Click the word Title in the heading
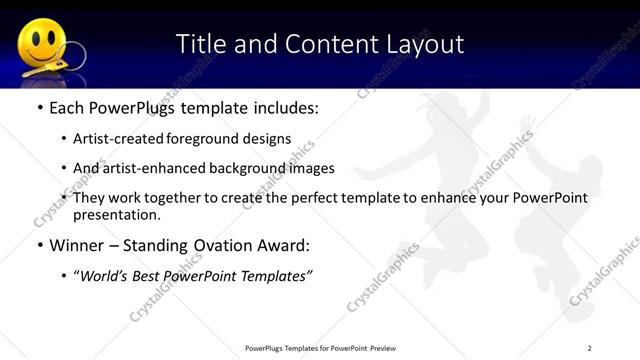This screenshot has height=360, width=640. [x=200, y=44]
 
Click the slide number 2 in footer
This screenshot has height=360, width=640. [x=590, y=347]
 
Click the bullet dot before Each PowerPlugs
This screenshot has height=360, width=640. [x=39, y=107]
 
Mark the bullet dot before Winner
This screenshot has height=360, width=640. [x=39, y=245]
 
